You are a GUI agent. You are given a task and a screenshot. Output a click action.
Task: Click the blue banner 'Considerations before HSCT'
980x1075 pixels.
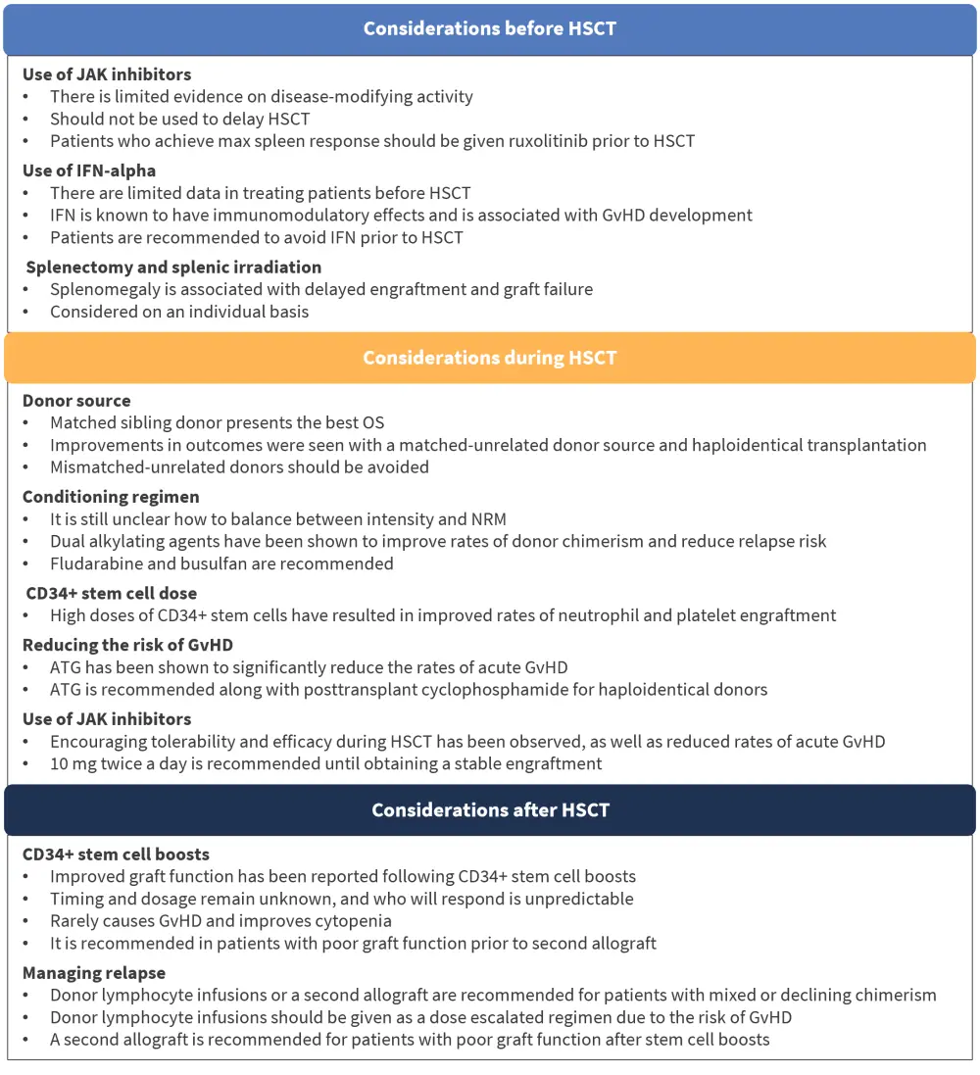[490, 28]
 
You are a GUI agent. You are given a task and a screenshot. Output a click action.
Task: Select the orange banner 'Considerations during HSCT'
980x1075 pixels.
[490, 358]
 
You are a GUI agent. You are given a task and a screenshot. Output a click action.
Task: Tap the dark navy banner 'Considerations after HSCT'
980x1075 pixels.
[490, 810]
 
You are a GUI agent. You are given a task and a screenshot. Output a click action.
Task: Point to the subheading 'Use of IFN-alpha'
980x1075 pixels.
[89, 171]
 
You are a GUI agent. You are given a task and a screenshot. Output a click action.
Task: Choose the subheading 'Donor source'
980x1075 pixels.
[76, 400]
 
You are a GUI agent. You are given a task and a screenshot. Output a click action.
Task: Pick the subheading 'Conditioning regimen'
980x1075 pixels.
[111, 497]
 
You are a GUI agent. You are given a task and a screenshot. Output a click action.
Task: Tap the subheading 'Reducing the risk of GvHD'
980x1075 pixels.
[128, 645]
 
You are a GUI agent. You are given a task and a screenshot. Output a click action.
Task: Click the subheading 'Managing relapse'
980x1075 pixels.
[94, 973]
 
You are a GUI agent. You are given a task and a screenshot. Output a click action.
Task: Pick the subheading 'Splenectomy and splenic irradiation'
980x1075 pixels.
[173, 267]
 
